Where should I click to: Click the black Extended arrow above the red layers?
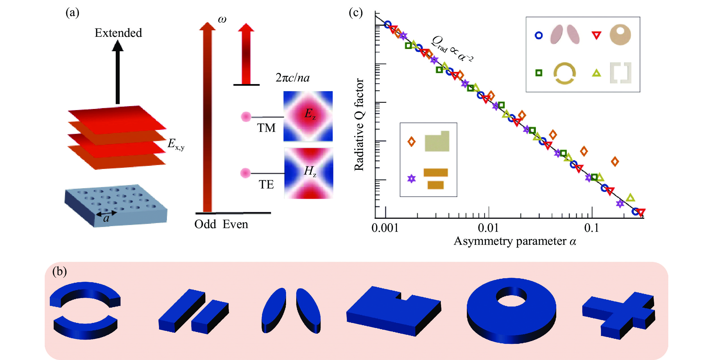(118, 72)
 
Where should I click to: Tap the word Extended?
(118, 33)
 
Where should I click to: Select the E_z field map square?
(308, 116)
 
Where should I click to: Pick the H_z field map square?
(309, 173)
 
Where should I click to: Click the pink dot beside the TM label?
(246, 117)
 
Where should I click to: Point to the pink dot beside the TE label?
(245, 173)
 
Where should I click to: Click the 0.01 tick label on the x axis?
(488, 228)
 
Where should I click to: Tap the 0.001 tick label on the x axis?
(385, 228)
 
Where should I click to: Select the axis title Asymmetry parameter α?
(515, 241)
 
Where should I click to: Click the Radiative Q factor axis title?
(359, 125)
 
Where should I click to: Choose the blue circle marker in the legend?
(539, 35)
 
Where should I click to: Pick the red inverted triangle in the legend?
(596, 35)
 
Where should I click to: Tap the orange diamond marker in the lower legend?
(411, 141)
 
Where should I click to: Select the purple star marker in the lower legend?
(411, 179)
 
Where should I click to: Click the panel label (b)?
(59, 271)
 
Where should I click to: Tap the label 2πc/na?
(293, 78)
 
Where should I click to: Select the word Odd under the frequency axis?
(205, 224)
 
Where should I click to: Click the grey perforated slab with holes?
(116, 205)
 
